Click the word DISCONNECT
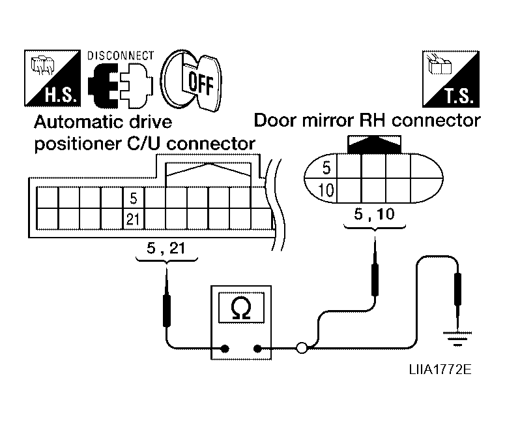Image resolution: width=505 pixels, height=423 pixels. pyautogui.click(x=121, y=55)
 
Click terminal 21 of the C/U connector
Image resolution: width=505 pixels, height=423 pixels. pyautogui.click(x=133, y=219)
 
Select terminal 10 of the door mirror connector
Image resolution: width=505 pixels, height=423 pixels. pyautogui.click(x=327, y=191)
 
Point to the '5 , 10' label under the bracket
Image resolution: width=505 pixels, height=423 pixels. pyautogui.click(x=374, y=214)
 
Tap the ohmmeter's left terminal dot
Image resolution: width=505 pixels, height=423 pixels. pyautogui.click(x=225, y=349)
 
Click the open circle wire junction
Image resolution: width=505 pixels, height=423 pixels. pyautogui.click(x=301, y=349)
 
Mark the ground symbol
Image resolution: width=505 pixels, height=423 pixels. pyautogui.click(x=457, y=337)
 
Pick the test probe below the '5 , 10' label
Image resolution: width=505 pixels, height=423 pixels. pyautogui.click(x=375, y=274)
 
